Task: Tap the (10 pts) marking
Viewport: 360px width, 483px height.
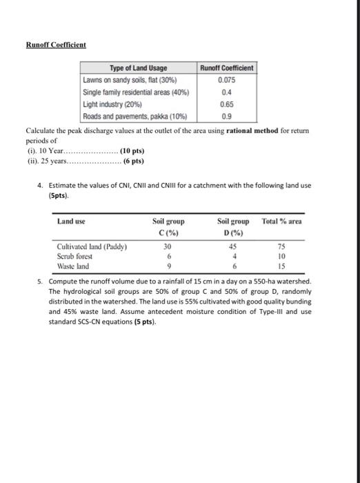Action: (x=132, y=150)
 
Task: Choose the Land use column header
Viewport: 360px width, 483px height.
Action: (x=71, y=221)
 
